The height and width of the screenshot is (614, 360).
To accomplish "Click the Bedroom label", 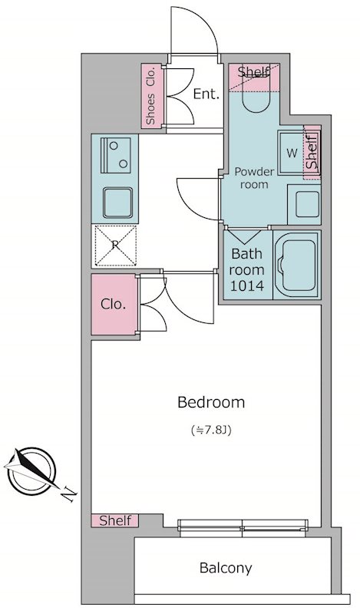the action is coord(211,402).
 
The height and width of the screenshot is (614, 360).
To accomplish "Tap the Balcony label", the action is coord(226,568).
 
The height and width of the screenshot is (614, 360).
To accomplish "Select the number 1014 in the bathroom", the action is coord(247,286).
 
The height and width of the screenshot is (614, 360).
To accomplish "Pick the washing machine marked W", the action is coord(292,153).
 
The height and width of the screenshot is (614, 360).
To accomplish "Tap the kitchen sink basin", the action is coord(117,202).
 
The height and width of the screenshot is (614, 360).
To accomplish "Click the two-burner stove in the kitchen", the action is coord(115,155).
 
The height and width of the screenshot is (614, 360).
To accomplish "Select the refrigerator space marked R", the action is coord(115,246).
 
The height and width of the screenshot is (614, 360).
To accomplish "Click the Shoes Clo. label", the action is coord(150,97).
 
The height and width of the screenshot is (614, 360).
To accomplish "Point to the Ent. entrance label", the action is coord(206,94).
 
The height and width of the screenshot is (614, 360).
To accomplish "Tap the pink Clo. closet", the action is coord(114,304).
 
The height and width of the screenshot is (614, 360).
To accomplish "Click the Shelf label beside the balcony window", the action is coord(115,520).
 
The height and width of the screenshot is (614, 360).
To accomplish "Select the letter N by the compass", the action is coord(69,494).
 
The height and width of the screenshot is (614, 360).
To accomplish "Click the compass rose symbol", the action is coord(31,470).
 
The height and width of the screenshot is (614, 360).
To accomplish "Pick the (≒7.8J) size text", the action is coord(211,431).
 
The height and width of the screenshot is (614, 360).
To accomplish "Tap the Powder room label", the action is coord(254,178).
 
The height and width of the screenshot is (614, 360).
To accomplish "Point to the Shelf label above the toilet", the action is coord(253,71).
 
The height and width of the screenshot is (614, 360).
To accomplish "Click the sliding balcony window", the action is coord(243,528).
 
